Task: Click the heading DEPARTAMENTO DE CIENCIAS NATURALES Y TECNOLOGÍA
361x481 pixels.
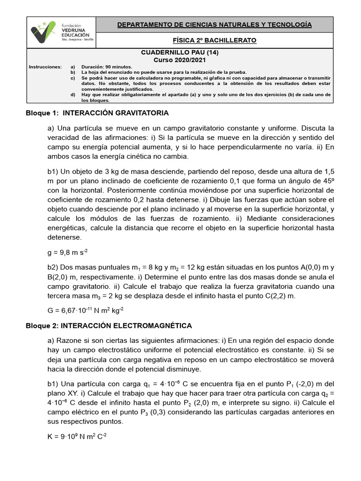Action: point(214,24)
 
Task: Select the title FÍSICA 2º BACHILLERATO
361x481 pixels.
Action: point(214,40)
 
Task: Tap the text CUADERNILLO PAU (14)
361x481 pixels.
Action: point(180,53)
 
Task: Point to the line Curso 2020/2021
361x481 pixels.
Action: point(180,60)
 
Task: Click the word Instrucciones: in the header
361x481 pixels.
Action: point(45,67)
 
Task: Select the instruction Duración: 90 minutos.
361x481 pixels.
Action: point(107,67)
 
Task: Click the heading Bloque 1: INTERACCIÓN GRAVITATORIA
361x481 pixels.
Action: point(97,113)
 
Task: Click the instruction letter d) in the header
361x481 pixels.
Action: point(73,94)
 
